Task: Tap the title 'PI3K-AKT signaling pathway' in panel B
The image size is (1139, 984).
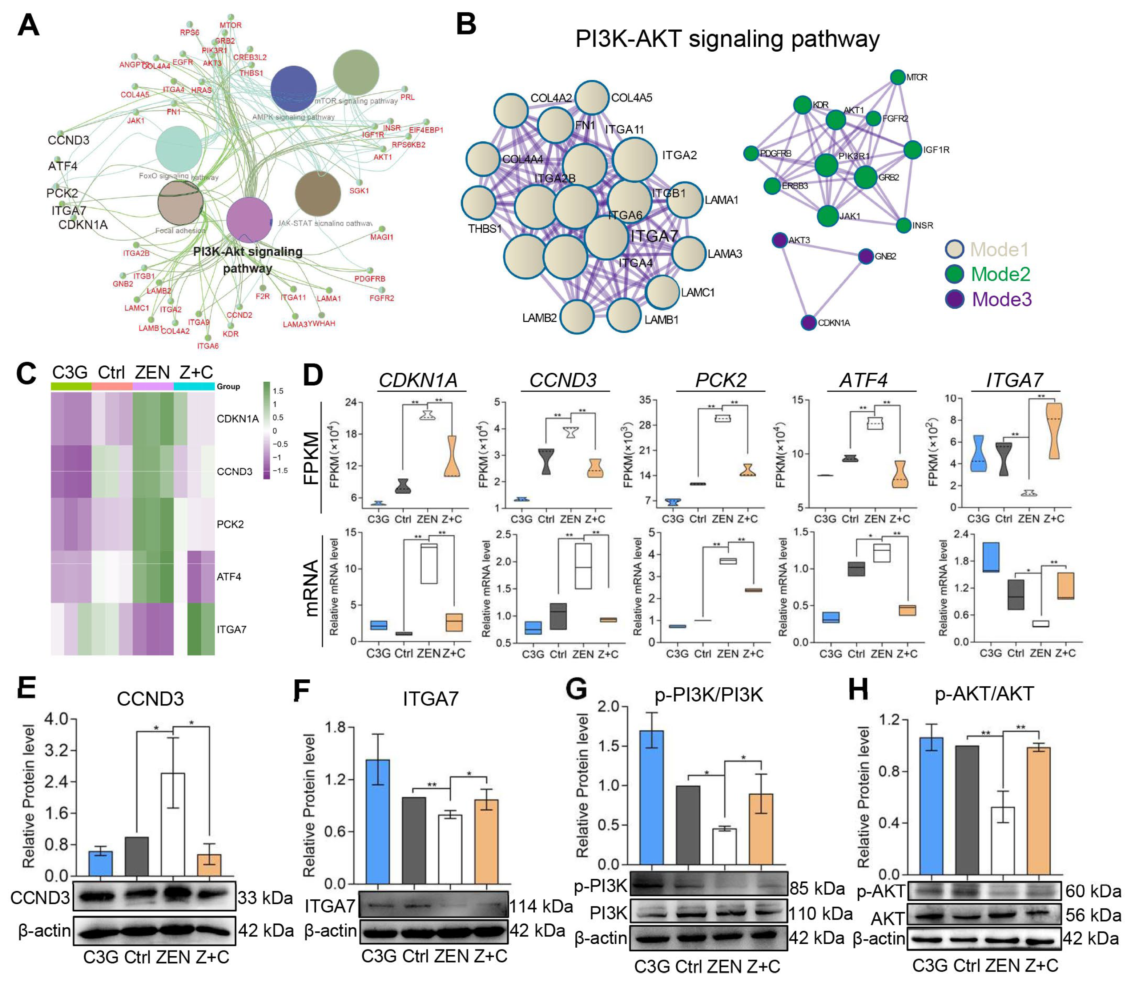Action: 727,39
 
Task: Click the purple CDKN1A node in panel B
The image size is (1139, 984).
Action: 808,323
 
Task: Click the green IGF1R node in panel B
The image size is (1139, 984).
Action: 913,149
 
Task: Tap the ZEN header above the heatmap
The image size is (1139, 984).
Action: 152,373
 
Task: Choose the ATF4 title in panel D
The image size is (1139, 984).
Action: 863,381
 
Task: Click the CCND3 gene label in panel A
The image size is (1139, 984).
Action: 68,140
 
